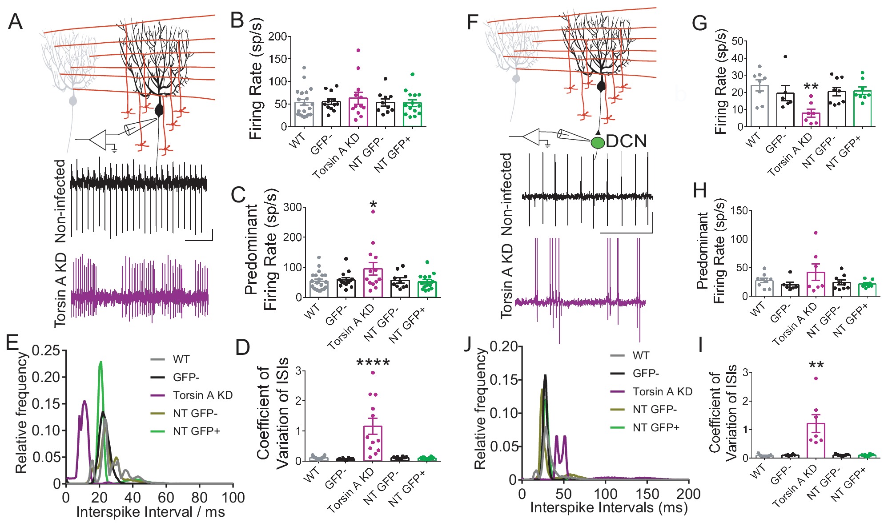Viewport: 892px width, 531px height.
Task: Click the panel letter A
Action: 16,21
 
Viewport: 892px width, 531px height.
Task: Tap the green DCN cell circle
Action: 598,142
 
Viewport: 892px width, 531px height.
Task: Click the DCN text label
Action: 626,141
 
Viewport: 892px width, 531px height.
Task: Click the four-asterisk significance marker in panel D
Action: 373,363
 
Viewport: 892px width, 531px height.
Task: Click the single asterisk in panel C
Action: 373,205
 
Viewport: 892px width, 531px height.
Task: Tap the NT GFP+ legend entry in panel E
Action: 196,431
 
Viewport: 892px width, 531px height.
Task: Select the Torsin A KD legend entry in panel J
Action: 662,391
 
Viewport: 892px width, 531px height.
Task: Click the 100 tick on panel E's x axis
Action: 233,497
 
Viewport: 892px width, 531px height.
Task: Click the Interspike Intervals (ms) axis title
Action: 609,507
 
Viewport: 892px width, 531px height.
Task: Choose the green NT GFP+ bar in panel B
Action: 413,114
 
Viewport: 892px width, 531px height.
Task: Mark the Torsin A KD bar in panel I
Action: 816,440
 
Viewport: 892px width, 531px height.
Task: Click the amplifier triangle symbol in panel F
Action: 531,137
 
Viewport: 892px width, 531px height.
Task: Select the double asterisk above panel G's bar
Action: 811,86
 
